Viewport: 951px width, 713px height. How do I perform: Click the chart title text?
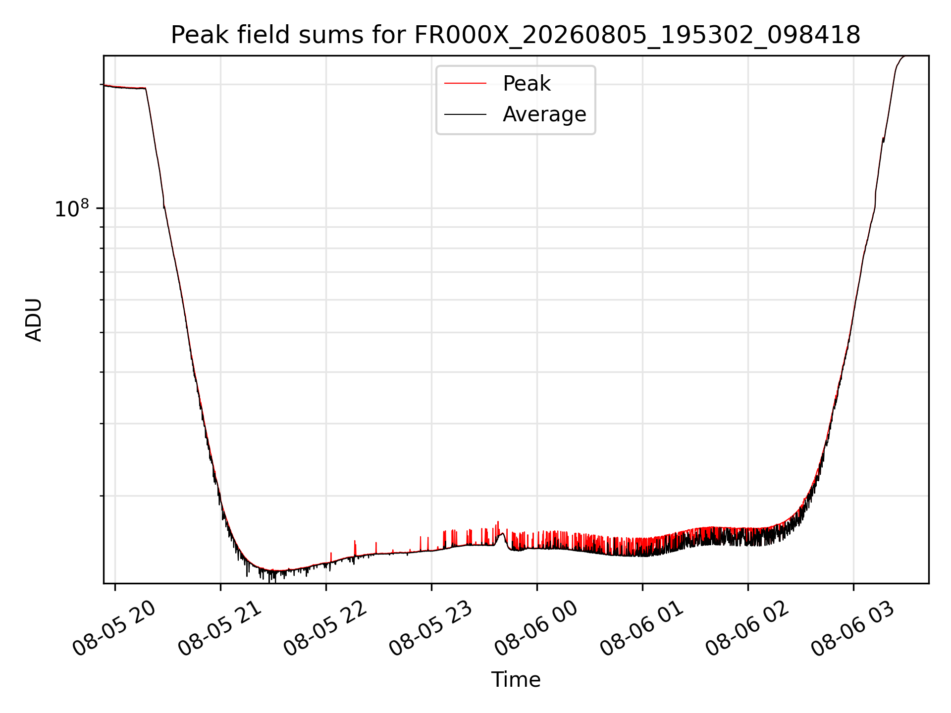pos(516,35)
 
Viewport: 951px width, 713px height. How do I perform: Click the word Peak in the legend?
pos(527,84)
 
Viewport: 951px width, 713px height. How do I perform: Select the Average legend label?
pos(544,114)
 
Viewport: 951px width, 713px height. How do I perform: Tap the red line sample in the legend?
pos(465,84)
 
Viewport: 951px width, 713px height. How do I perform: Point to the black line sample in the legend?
pos(465,114)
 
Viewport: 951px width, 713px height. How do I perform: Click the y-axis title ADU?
pos(34,319)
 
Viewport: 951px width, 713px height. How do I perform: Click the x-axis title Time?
pos(516,679)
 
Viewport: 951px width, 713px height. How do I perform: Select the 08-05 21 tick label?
pos(220,629)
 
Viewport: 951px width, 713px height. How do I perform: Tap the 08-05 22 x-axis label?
pos(326,629)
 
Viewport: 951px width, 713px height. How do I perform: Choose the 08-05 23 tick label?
pos(431,629)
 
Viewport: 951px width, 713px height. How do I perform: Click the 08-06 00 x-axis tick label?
pos(537,629)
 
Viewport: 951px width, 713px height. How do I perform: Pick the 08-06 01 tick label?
pos(642,629)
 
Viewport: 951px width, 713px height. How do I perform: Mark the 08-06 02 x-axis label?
pos(748,629)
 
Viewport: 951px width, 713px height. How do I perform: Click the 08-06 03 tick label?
pos(853,629)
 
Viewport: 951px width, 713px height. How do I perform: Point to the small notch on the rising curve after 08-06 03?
pos(883,140)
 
